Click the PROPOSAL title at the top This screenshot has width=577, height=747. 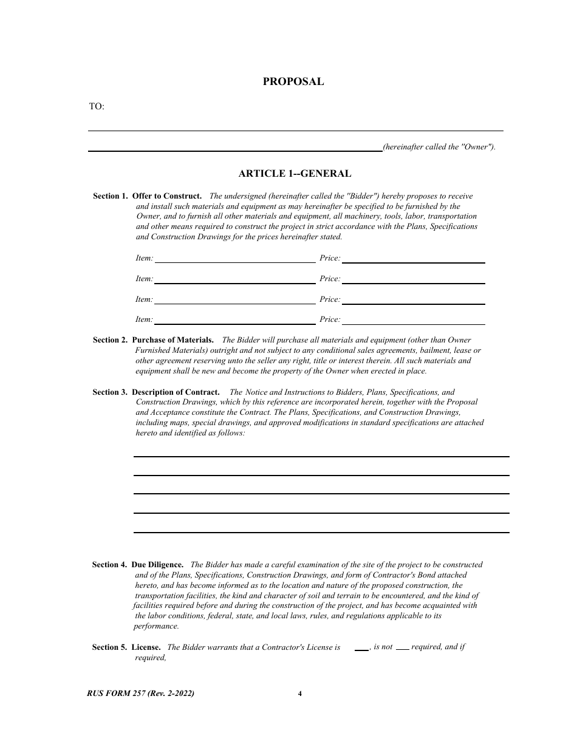(293, 81)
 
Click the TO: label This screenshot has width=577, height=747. (97, 107)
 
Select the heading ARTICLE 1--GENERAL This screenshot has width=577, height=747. (295, 174)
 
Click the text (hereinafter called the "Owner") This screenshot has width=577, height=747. (439, 147)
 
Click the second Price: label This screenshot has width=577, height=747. (330, 279)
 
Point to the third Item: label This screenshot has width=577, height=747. (144, 299)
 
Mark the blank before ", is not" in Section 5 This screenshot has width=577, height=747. (361, 649)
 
